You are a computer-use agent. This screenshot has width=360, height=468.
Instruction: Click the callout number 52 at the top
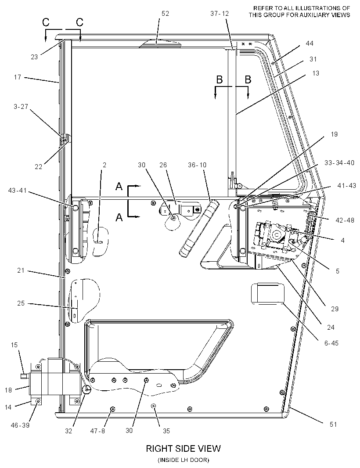(165, 14)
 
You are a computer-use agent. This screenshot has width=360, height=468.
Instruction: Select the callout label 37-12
(220, 14)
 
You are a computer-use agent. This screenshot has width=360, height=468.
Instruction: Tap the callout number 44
(310, 43)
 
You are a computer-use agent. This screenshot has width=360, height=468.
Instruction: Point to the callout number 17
(18, 77)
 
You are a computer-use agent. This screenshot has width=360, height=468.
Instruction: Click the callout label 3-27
(21, 107)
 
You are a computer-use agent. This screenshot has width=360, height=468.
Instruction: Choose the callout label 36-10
(197, 165)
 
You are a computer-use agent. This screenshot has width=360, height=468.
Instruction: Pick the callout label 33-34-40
(339, 163)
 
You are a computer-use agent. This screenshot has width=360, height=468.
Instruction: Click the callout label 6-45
(331, 343)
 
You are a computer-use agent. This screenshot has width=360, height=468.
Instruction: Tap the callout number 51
(333, 425)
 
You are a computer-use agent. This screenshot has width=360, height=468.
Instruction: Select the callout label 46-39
(20, 425)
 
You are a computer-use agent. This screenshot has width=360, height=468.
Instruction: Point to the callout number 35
(166, 431)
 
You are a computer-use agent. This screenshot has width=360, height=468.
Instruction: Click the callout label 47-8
(97, 431)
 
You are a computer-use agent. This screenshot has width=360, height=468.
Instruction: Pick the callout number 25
(21, 303)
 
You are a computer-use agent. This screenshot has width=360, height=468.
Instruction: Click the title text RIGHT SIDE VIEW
(183, 448)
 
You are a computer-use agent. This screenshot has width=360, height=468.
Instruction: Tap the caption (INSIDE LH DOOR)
(183, 460)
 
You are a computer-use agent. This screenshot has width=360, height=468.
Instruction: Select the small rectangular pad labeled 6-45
(268, 294)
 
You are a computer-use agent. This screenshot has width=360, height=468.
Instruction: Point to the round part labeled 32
(87, 389)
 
